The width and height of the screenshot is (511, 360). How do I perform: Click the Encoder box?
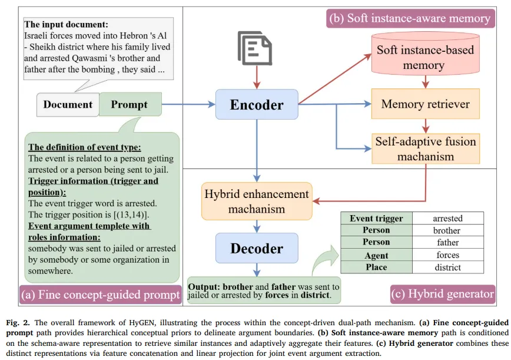[x=257, y=104]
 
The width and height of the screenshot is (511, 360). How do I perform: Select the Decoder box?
[x=257, y=248]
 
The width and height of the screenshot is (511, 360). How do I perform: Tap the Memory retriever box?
[x=425, y=104]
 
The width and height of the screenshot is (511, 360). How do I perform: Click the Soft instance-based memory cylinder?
[x=425, y=54]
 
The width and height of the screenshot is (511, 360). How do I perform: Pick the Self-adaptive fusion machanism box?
[x=426, y=148]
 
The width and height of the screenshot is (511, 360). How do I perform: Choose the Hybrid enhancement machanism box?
[x=257, y=201]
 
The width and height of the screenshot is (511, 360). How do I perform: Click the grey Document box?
[x=68, y=104]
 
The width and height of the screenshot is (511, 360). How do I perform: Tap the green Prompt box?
[x=130, y=104]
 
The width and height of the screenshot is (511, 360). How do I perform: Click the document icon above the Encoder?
[x=255, y=48]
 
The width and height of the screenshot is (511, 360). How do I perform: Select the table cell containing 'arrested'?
[x=448, y=218]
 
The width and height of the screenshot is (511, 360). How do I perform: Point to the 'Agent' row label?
[x=376, y=255]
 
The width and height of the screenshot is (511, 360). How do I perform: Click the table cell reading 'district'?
[x=448, y=267]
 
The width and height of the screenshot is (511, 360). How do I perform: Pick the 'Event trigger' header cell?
[x=376, y=218]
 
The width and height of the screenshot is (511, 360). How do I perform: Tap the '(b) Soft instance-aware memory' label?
[x=410, y=18]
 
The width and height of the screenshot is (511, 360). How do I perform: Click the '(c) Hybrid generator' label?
[x=443, y=294]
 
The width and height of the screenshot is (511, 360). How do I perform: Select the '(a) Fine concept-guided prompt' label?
[x=100, y=295]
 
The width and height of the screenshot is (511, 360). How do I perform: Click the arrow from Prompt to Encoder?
[x=188, y=104]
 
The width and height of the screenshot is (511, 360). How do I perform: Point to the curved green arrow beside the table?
[x=325, y=260]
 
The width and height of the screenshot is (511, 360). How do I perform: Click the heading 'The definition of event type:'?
[x=84, y=147]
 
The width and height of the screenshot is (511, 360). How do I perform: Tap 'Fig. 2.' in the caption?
[x=18, y=323]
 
